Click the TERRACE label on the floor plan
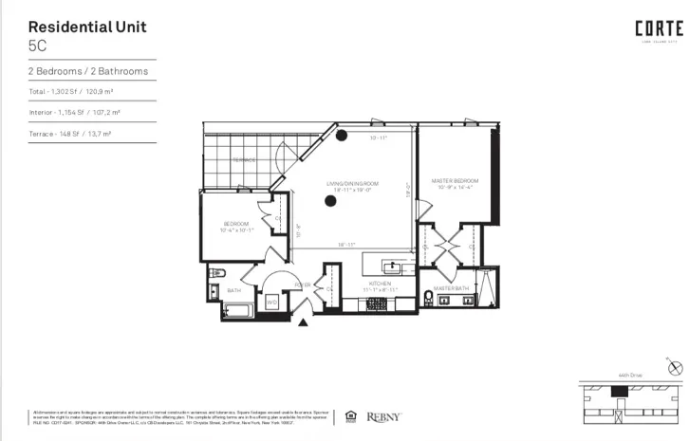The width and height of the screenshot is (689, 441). (244, 160)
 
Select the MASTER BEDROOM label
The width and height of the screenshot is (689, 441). (454, 180)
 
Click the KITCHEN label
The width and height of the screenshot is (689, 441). (380, 284)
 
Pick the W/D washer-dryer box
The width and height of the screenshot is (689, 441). (271, 303)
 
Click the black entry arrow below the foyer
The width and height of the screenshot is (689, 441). (303, 323)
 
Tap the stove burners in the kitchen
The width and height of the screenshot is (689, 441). (377, 303)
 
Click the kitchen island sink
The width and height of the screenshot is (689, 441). (391, 265)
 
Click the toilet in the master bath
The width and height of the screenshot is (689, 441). (429, 300)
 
